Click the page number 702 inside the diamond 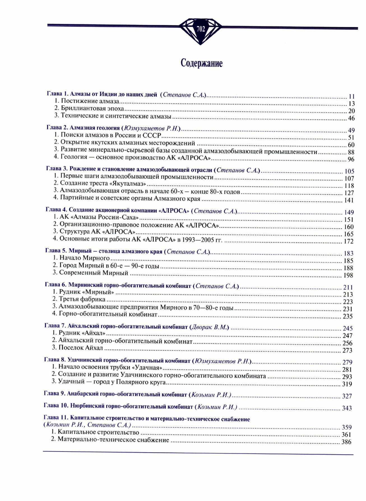[x=201, y=29]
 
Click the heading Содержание [x=201, y=63]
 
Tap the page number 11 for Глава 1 [x=352, y=97]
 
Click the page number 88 [x=351, y=152]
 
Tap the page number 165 [x=349, y=234]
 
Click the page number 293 [x=347, y=377]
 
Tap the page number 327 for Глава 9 [x=347, y=396]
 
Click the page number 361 [x=346, y=435]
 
